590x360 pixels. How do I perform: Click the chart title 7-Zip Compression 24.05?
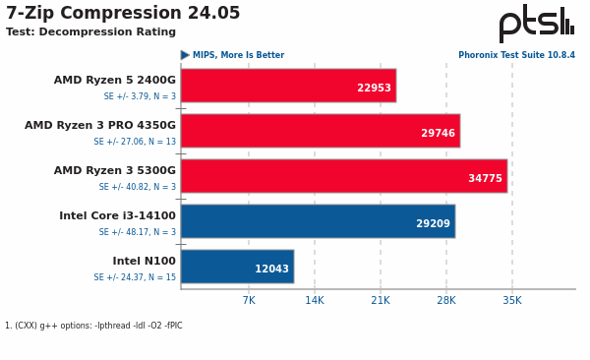click(123, 14)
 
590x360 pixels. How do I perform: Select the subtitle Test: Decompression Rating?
click(90, 32)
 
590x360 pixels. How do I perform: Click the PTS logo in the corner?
click(536, 24)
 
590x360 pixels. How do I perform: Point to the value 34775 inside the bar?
click(485, 179)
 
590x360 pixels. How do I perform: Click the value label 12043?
click(271, 270)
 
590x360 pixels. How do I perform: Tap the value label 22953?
click(374, 89)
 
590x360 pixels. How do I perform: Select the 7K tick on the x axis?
click(249, 301)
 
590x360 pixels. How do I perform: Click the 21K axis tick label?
click(381, 301)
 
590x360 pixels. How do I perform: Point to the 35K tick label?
click(512, 301)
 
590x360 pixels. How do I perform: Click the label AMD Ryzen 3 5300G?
click(115, 171)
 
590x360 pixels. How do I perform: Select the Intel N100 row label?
click(144, 262)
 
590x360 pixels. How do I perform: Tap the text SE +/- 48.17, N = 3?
click(135, 232)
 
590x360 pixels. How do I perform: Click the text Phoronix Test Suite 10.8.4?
click(516, 56)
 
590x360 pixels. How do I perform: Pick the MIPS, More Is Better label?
click(238, 56)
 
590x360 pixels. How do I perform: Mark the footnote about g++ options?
click(93, 326)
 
